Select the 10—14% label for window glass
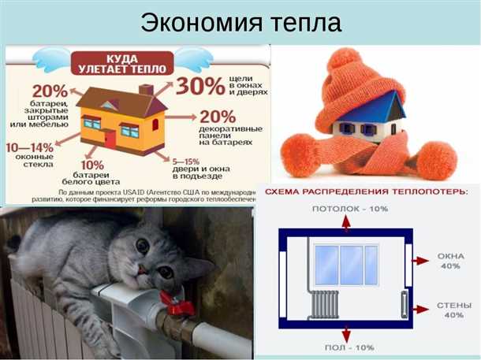click(29, 147)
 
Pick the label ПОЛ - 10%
click(349, 347)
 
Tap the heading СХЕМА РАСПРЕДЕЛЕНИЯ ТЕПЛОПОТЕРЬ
click(366, 191)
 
